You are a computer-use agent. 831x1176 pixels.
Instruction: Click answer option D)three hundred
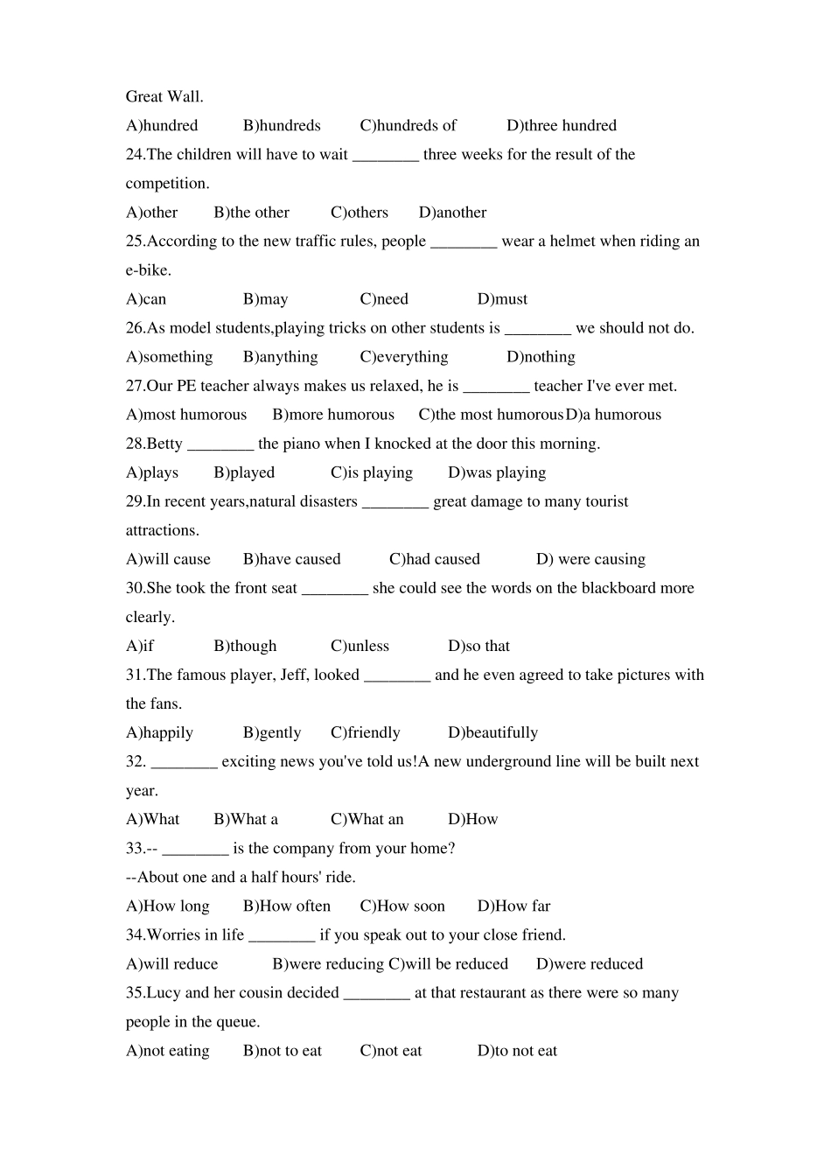tap(562, 126)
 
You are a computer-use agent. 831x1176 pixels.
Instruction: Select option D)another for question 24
tap(452, 213)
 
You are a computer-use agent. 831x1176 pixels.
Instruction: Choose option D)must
tap(502, 299)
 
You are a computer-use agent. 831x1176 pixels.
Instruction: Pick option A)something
tap(169, 357)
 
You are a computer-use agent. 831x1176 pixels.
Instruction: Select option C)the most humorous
tap(490, 415)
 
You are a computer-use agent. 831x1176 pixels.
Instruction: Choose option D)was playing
tap(497, 472)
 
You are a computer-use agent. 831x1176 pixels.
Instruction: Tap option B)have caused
tap(291, 559)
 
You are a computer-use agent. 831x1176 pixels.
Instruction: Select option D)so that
tap(478, 646)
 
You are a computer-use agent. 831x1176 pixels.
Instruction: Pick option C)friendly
tap(365, 732)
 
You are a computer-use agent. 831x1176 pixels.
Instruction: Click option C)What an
tap(367, 819)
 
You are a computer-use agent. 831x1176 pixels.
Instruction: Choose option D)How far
tap(513, 906)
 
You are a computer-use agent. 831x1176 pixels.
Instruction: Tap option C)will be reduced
tap(448, 963)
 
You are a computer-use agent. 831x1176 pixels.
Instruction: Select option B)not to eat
tap(282, 1050)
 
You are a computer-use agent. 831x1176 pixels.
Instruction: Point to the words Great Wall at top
tap(164, 97)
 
